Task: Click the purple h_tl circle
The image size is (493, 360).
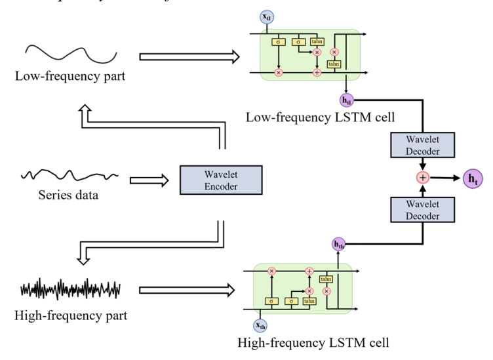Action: click(345, 100)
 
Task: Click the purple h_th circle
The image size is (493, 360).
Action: click(338, 245)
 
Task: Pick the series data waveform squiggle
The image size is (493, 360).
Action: click(69, 176)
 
